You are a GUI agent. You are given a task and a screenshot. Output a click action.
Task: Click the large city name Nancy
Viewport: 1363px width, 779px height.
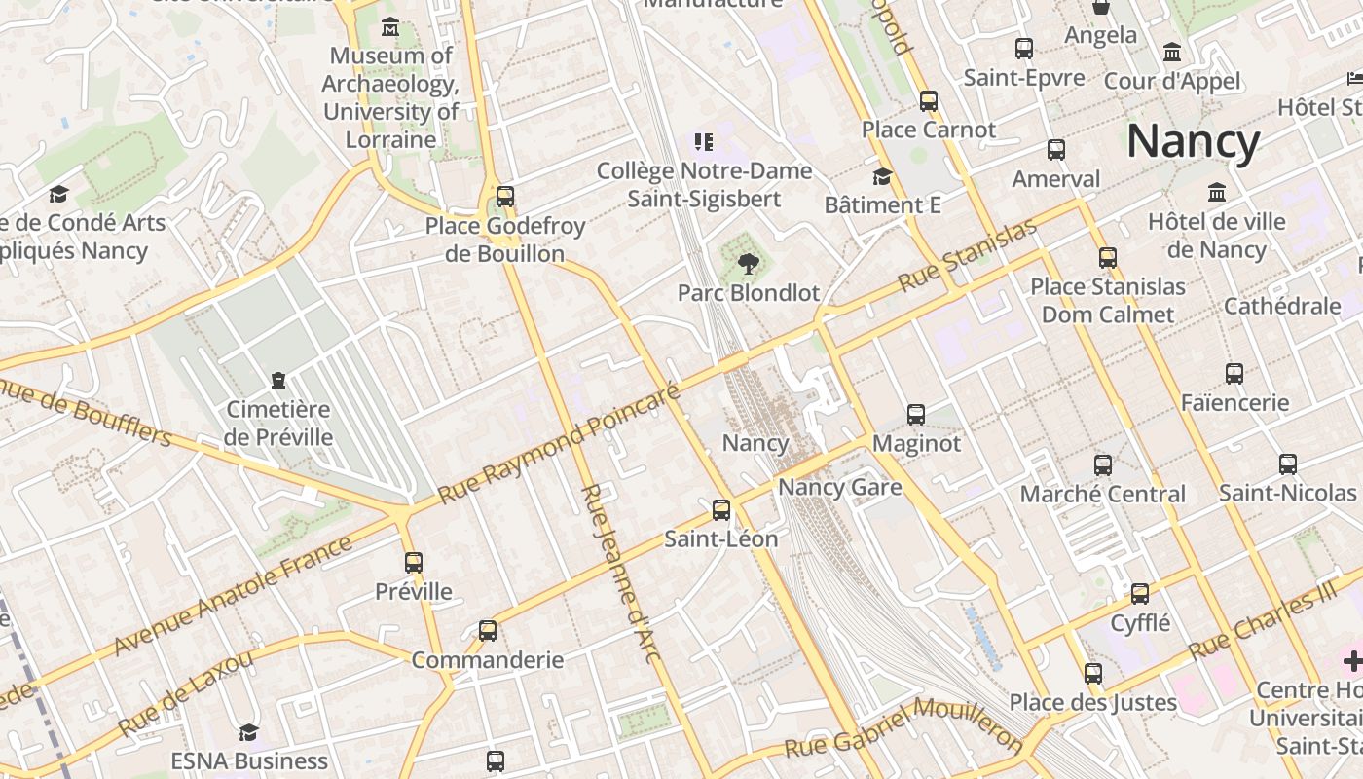coord(1193,141)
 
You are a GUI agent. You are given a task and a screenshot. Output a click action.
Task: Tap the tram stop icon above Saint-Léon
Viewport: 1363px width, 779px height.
coord(720,509)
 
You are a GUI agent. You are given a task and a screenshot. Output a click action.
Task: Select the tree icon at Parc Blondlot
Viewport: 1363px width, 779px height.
coord(748,263)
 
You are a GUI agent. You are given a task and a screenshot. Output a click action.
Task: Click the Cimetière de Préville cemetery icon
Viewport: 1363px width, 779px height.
coord(278,380)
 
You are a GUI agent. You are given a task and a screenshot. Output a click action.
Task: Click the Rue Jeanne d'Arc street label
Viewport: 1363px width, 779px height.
coord(620,574)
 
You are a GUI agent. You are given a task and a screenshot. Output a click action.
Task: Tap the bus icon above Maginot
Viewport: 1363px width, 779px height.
coord(915,414)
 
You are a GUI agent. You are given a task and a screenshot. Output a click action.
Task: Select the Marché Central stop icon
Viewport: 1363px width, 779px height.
coord(1102,465)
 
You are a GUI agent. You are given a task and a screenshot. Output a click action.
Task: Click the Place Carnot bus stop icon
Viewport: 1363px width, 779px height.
coord(928,100)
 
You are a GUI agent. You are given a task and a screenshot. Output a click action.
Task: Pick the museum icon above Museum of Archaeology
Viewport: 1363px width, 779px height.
coord(390,26)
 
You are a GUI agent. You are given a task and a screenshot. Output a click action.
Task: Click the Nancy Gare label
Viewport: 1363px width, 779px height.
coord(840,487)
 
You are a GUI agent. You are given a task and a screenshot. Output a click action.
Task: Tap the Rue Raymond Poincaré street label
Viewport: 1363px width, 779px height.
coord(559,444)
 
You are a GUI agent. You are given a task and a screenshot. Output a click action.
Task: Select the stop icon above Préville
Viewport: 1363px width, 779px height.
coord(414,562)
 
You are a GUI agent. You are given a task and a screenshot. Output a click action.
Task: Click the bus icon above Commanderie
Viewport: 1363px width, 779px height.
coord(488,630)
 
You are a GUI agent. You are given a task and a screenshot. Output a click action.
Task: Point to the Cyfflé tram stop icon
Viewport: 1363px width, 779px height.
coord(1139,593)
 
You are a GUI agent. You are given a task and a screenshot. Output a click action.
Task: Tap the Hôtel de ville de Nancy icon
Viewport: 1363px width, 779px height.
coord(1216,192)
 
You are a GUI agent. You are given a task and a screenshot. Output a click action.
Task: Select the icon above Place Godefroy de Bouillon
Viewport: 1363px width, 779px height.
coord(504,196)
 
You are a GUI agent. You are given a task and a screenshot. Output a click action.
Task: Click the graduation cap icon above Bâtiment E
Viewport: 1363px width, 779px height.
coord(882,176)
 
